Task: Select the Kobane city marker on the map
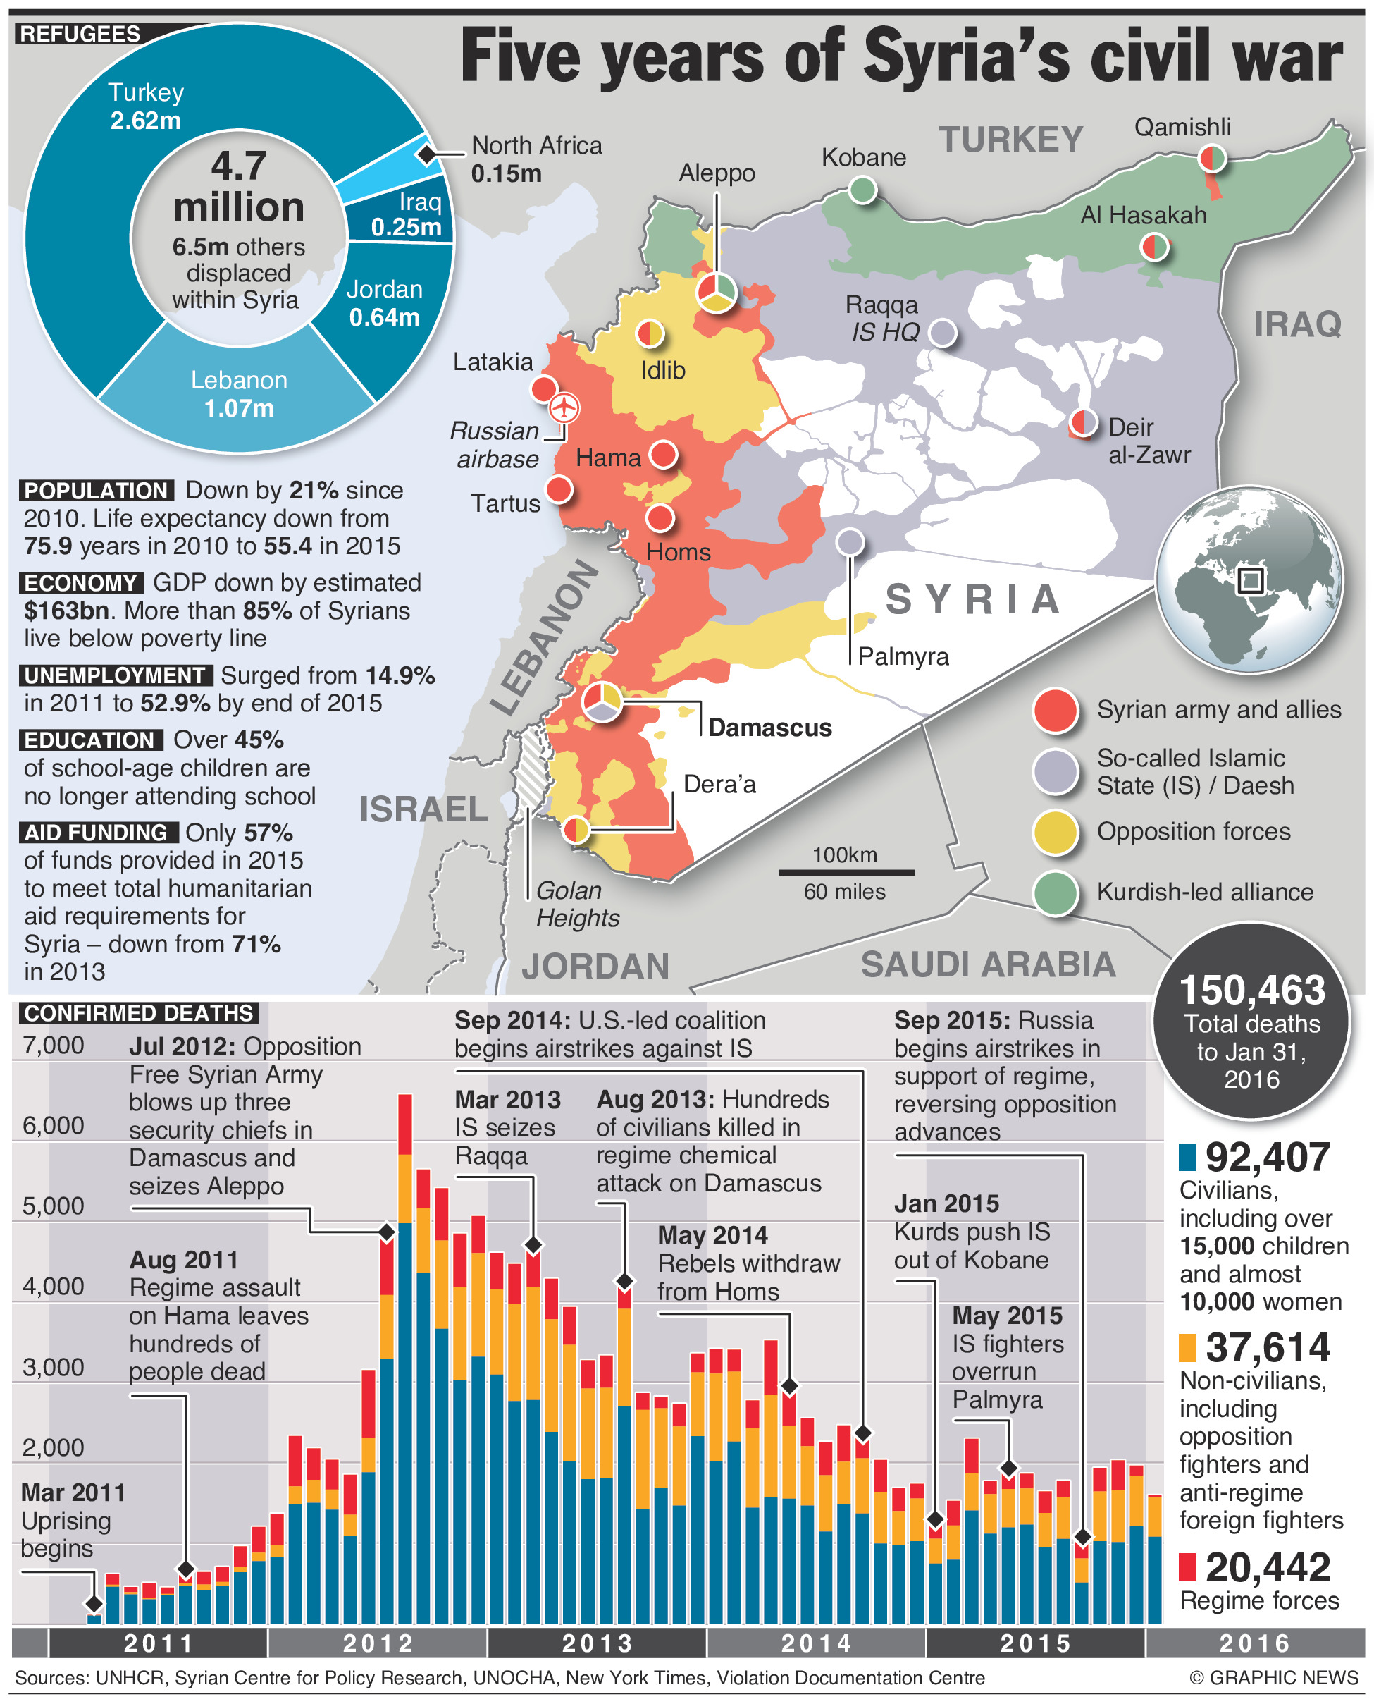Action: pos(862,190)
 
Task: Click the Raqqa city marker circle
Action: pos(942,333)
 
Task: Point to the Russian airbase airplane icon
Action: pos(564,407)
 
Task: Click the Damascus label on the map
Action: pos(769,728)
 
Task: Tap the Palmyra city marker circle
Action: pos(850,542)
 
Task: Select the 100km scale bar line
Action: pos(846,873)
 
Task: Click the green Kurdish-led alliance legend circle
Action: pos(1055,893)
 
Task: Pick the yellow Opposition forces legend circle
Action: pos(1055,832)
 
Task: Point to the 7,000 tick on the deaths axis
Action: pos(53,1046)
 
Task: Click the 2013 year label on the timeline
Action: pos(598,1643)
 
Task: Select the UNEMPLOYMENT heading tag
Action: pos(116,675)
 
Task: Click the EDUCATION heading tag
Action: pos(90,740)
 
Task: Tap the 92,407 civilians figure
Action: pos(1267,1158)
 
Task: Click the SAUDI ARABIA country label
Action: pos(988,964)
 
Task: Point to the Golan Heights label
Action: pos(577,905)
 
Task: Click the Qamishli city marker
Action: pos(1211,159)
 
